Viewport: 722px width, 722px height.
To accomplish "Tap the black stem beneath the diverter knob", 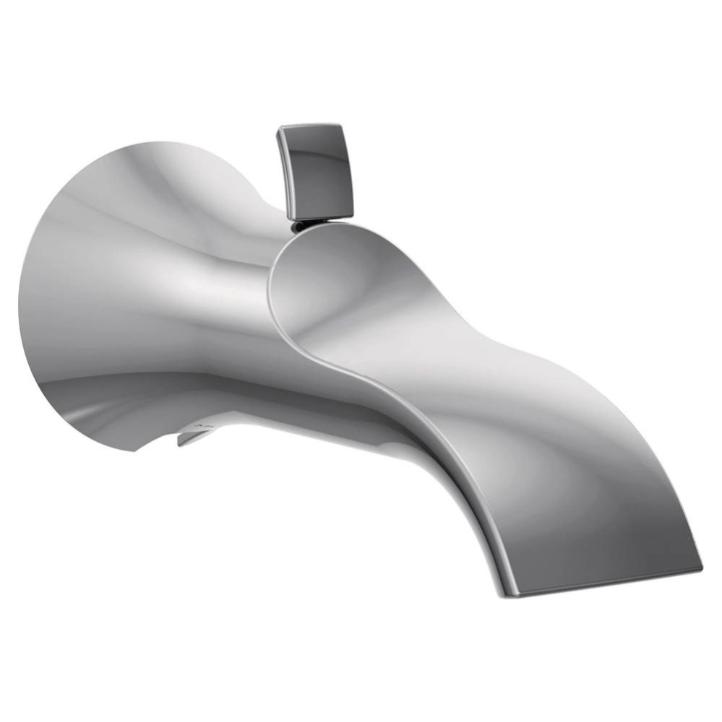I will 298,227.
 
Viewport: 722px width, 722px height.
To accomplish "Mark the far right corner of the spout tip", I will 700,568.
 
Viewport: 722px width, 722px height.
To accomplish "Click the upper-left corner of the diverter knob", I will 279,130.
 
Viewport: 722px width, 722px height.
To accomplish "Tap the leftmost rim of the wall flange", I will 20,303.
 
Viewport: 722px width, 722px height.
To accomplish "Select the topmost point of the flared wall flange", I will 145,143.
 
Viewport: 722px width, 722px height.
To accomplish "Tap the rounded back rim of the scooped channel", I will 273,289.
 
